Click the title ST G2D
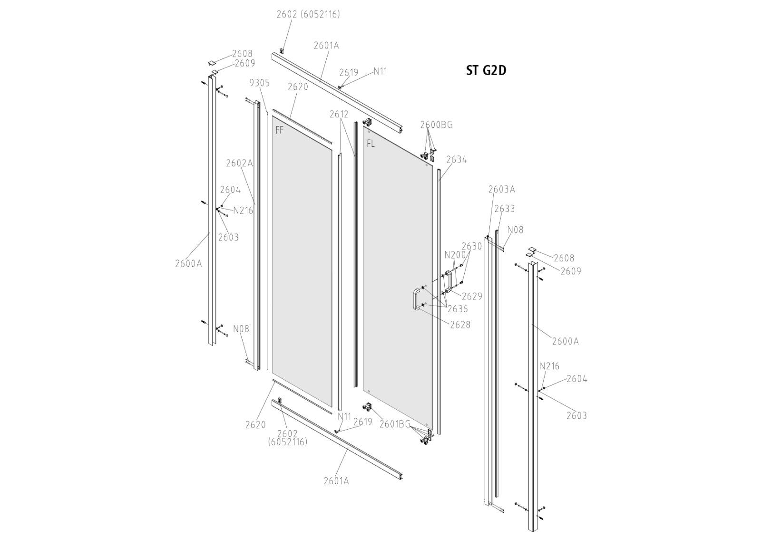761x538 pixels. point(486,70)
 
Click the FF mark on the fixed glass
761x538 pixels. point(280,130)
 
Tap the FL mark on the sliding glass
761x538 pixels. point(371,143)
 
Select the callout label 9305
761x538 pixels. point(259,83)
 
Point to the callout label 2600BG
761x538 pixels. point(436,125)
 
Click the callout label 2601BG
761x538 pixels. point(394,424)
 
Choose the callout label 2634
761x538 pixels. point(456,160)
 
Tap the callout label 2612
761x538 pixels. point(339,114)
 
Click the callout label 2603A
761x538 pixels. point(501,189)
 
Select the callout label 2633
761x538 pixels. point(504,209)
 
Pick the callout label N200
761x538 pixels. point(455,255)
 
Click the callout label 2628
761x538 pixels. point(460,325)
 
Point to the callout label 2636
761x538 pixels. point(457,309)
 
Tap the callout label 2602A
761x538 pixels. point(239,163)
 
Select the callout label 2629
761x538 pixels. point(472,296)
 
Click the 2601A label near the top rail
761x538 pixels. point(326,46)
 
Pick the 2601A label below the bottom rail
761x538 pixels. point(336,481)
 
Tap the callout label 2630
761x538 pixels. point(471,246)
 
